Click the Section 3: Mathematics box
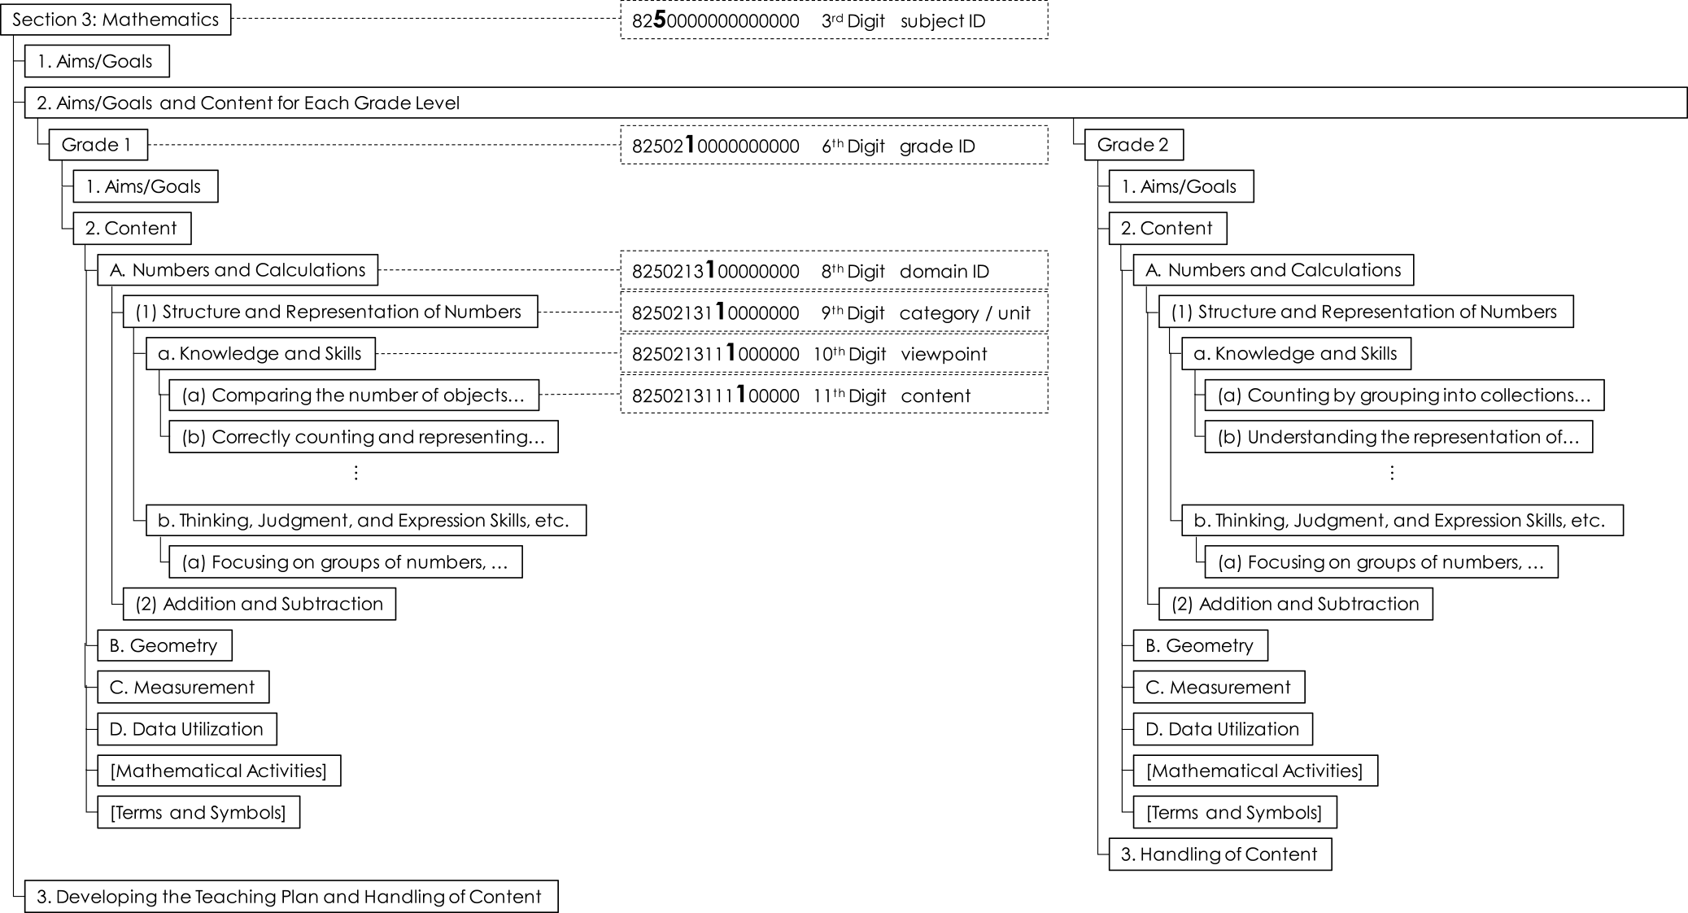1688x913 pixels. click(x=116, y=20)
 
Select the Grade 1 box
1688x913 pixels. click(x=98, y=145)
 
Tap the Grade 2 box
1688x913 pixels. click(x=1133, y=145)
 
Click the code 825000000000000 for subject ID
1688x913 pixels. click(x=715, y=21)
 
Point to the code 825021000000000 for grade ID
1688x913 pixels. click(x=715, y=146)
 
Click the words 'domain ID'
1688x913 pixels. click(x=944, y=272)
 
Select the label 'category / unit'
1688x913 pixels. click(x=965, y=313)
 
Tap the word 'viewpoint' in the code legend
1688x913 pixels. click(x=944, y=355)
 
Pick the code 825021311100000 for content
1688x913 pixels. click(x=715, y=396)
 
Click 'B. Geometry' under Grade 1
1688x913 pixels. click(x=164, y=645)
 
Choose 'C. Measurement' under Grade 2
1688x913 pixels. click(x=1218, y=688)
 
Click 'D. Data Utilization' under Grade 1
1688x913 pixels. click(x=187, y=729)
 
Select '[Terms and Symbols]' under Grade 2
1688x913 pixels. click(x=1234, y=812)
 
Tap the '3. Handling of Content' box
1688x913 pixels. click(x=1219, y=854)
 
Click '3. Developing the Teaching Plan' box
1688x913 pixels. click(x=291, y=897)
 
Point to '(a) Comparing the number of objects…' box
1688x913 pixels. click(x=354, y=395)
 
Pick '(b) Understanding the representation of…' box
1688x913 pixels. click(x=1398, y=437)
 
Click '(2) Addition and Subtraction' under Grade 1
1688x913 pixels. click(x=259, y=604)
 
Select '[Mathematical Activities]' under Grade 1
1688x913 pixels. click(x=219, y=771)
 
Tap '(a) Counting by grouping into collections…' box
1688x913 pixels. click(x=1404, y=395)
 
